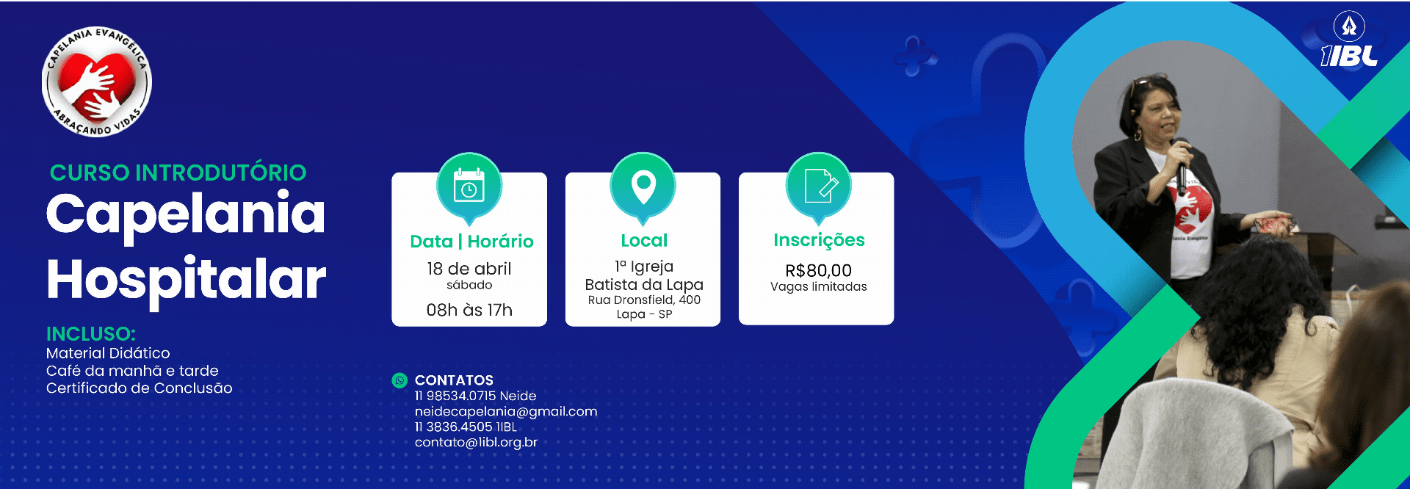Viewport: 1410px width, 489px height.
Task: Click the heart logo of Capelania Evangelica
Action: pyautogui.click(x=97, y=82)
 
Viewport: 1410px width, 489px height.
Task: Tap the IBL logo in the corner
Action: pyautogui.click(x=1349, y=40)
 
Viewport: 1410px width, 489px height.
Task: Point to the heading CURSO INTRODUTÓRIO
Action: pyautogui.click(x=178, y=173)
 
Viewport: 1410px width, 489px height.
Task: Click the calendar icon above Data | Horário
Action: pyautogui.click(x=469, y=186)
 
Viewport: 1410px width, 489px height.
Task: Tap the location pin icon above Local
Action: pyautogui.click(x=643, y=186)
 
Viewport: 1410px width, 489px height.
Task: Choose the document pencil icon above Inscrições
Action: pyautogui.click(x=819, y=186)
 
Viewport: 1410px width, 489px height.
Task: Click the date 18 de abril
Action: pyautogui.click(x=469, y=269)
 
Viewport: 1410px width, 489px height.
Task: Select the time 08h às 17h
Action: pyautogui.click(x=469, y=310)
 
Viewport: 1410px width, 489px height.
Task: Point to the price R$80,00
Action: pyautogui.click(x=818, y=270)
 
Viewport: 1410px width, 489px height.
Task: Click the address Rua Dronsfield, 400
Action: pyautogui.click(x=644, y=300)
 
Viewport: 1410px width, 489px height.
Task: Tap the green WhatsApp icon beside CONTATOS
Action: pyautogui.click(x=399, y=380)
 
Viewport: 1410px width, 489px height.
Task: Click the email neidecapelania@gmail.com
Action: pyautogui.click(x=506, y=412)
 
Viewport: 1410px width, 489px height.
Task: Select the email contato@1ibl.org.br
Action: pyautogui.click(x=476, y=442)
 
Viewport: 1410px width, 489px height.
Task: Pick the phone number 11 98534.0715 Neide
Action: pyautogui.click(x=475, y=396)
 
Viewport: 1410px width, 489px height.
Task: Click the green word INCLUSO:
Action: pyautogui.click(x=91, y=334)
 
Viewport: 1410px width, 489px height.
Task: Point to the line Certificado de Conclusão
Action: pyautogui.click(x=140, y=388)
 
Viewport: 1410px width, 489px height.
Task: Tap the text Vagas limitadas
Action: pyautogui.click(x=819, y=286)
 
